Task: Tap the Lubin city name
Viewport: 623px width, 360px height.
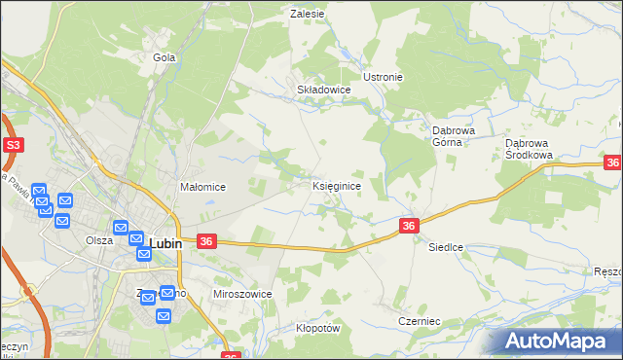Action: pyautogui.click(x=165, y=243)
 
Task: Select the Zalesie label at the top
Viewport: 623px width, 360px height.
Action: pyautogui.click(x=307, y=14)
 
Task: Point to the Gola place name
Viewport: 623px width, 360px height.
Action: pyautogui.click(x=164, y=57)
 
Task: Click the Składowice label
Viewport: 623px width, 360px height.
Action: pyautogui.click(x=323, y=89)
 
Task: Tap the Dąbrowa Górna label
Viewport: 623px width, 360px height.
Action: pyautogui.click(x=453, y=134)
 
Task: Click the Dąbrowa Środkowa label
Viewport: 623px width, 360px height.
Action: pyautogui.click(x=529, y=148)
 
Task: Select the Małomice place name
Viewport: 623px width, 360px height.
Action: pyautogui.click(x=203, y=187)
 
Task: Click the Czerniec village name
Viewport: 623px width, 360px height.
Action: pyautogui.click(x=420, y=321)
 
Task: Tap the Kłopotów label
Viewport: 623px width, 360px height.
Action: pyautogui.click(x=317, y=328)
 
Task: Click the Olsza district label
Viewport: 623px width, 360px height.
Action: pyautogui.click(x=99, y=240)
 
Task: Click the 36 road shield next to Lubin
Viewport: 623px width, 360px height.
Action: pyautogui.click(x=205, y=240)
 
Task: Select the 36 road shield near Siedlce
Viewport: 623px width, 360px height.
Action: pyautogui.click(x=409, y=226)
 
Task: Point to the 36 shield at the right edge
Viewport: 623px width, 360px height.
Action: pyautogui.click(x=613, y=164)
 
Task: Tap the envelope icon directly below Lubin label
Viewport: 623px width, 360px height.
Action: pyautogui.click(x=144, y=255)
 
